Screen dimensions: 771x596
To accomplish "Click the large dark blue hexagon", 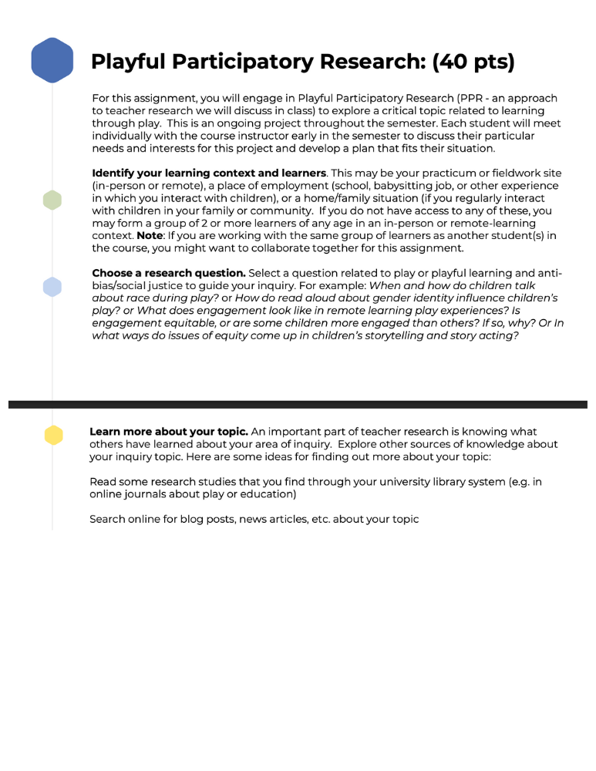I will (52, 60).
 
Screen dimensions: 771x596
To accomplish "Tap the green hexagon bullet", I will (52, 200).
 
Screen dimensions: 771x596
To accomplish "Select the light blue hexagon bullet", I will (52, 287).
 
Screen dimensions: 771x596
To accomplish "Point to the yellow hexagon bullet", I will (52, 435).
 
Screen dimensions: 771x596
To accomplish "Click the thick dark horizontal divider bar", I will (298, 404).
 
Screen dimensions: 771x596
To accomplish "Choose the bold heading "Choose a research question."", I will (169, 273).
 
